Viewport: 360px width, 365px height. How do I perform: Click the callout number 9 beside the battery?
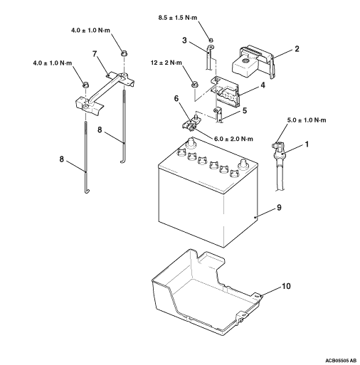click(x=279, y=207)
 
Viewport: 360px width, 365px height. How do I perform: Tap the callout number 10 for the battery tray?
click(x=286, y=286)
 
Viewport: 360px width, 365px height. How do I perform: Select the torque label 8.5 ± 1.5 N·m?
click(x=178, y=18)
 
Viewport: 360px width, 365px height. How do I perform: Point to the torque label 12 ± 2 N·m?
click(x=166, y=63)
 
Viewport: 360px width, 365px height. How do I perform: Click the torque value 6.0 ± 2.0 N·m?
click(x=233, y=139)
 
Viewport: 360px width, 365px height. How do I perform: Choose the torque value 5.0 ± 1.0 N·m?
click(x=307, y=120)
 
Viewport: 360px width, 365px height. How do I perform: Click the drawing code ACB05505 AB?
click(x=341, y=361)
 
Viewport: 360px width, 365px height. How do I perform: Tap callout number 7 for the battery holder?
click(x=95, y=54)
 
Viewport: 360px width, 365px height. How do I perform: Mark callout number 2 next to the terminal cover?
click(x=297, y=49)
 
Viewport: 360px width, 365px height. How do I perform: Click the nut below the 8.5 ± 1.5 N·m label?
click(x=211, y=40)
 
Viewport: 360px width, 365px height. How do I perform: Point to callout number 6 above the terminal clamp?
click(x=176, y=98)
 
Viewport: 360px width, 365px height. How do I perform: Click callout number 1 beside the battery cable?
click(x=307, y=144)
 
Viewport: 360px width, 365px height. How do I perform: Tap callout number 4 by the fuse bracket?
click(x=263, y=85)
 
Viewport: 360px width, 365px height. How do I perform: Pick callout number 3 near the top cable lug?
click(x=184, y=41)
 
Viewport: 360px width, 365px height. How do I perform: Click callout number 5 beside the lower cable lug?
click(x=245, y=110)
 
